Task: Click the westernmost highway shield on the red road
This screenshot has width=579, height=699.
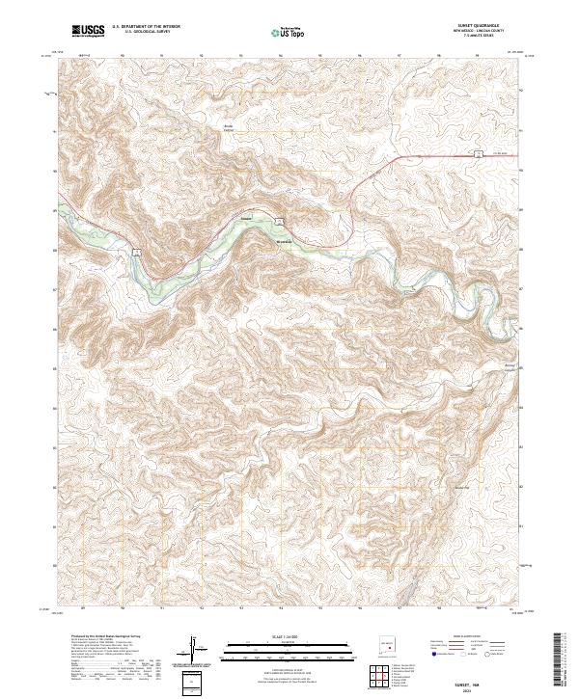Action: click(136, 252)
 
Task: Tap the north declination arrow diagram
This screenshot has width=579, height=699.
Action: click(197, 649)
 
